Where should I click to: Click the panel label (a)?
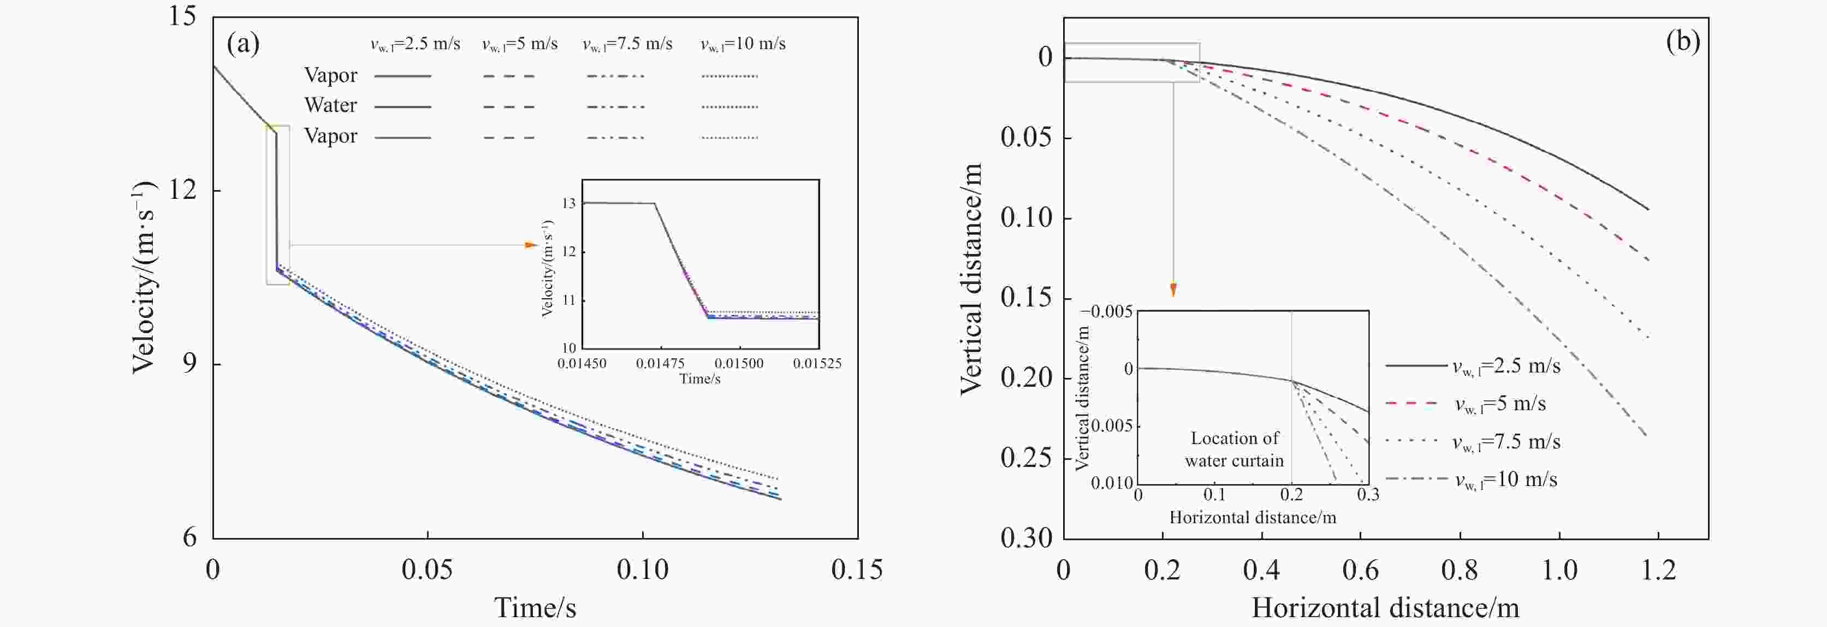[242, 44]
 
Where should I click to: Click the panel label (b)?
[1682, 40]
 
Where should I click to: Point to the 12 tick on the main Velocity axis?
[182, 190]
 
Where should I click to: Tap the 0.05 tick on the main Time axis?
[427, 570]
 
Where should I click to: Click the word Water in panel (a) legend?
[330, 105]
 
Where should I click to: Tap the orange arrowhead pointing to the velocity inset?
[531, 245]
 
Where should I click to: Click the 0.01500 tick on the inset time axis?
[738, 364]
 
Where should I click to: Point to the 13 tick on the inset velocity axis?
[569, 204]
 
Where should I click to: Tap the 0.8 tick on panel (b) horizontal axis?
[1460, 570]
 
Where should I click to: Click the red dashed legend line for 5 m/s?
[1411, 404]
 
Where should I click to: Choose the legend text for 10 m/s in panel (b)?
[1506, 480]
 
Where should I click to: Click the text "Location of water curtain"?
[1234, 449]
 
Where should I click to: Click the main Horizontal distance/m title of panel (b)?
[1385, 608]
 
